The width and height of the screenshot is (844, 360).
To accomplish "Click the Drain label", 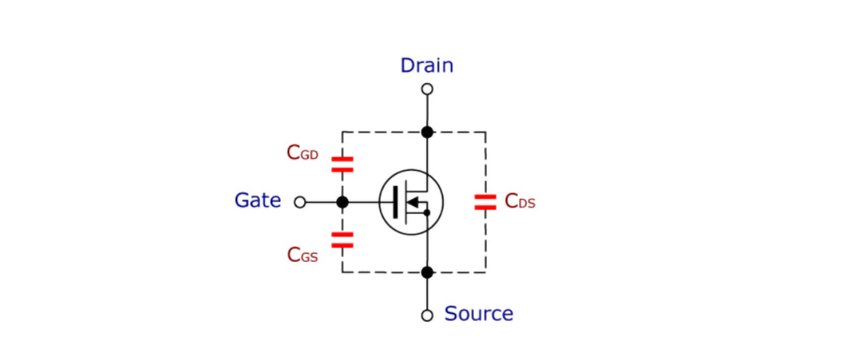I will pos(427,65).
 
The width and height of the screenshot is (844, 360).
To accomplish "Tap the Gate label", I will pos(258,200).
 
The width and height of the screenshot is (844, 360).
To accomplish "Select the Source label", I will pos(479,314).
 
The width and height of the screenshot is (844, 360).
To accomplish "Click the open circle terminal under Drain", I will pos(427,89).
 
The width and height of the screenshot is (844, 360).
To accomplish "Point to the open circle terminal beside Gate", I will pos(300,202).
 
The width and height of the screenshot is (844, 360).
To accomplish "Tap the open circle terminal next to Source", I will pos(427,315).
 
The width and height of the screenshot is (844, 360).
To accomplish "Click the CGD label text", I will pos(302,153).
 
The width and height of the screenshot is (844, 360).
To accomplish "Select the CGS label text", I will pos(302,254).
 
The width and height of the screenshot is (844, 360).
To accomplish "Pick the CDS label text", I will pos(520,201).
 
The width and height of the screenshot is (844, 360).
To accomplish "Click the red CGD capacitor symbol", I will pos(343,165).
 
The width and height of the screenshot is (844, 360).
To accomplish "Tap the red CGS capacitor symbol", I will pos(343,239).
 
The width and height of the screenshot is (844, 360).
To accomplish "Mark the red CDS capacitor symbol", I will pos(485,202).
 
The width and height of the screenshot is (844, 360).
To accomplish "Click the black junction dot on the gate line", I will pos(343,202).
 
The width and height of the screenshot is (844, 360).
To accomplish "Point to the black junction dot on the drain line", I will pos(427,132).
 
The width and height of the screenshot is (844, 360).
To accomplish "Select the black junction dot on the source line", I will pos(427,272).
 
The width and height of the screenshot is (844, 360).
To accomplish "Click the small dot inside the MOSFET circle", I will pos(427,213).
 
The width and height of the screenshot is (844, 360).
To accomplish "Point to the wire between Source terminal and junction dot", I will pos(427,293).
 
